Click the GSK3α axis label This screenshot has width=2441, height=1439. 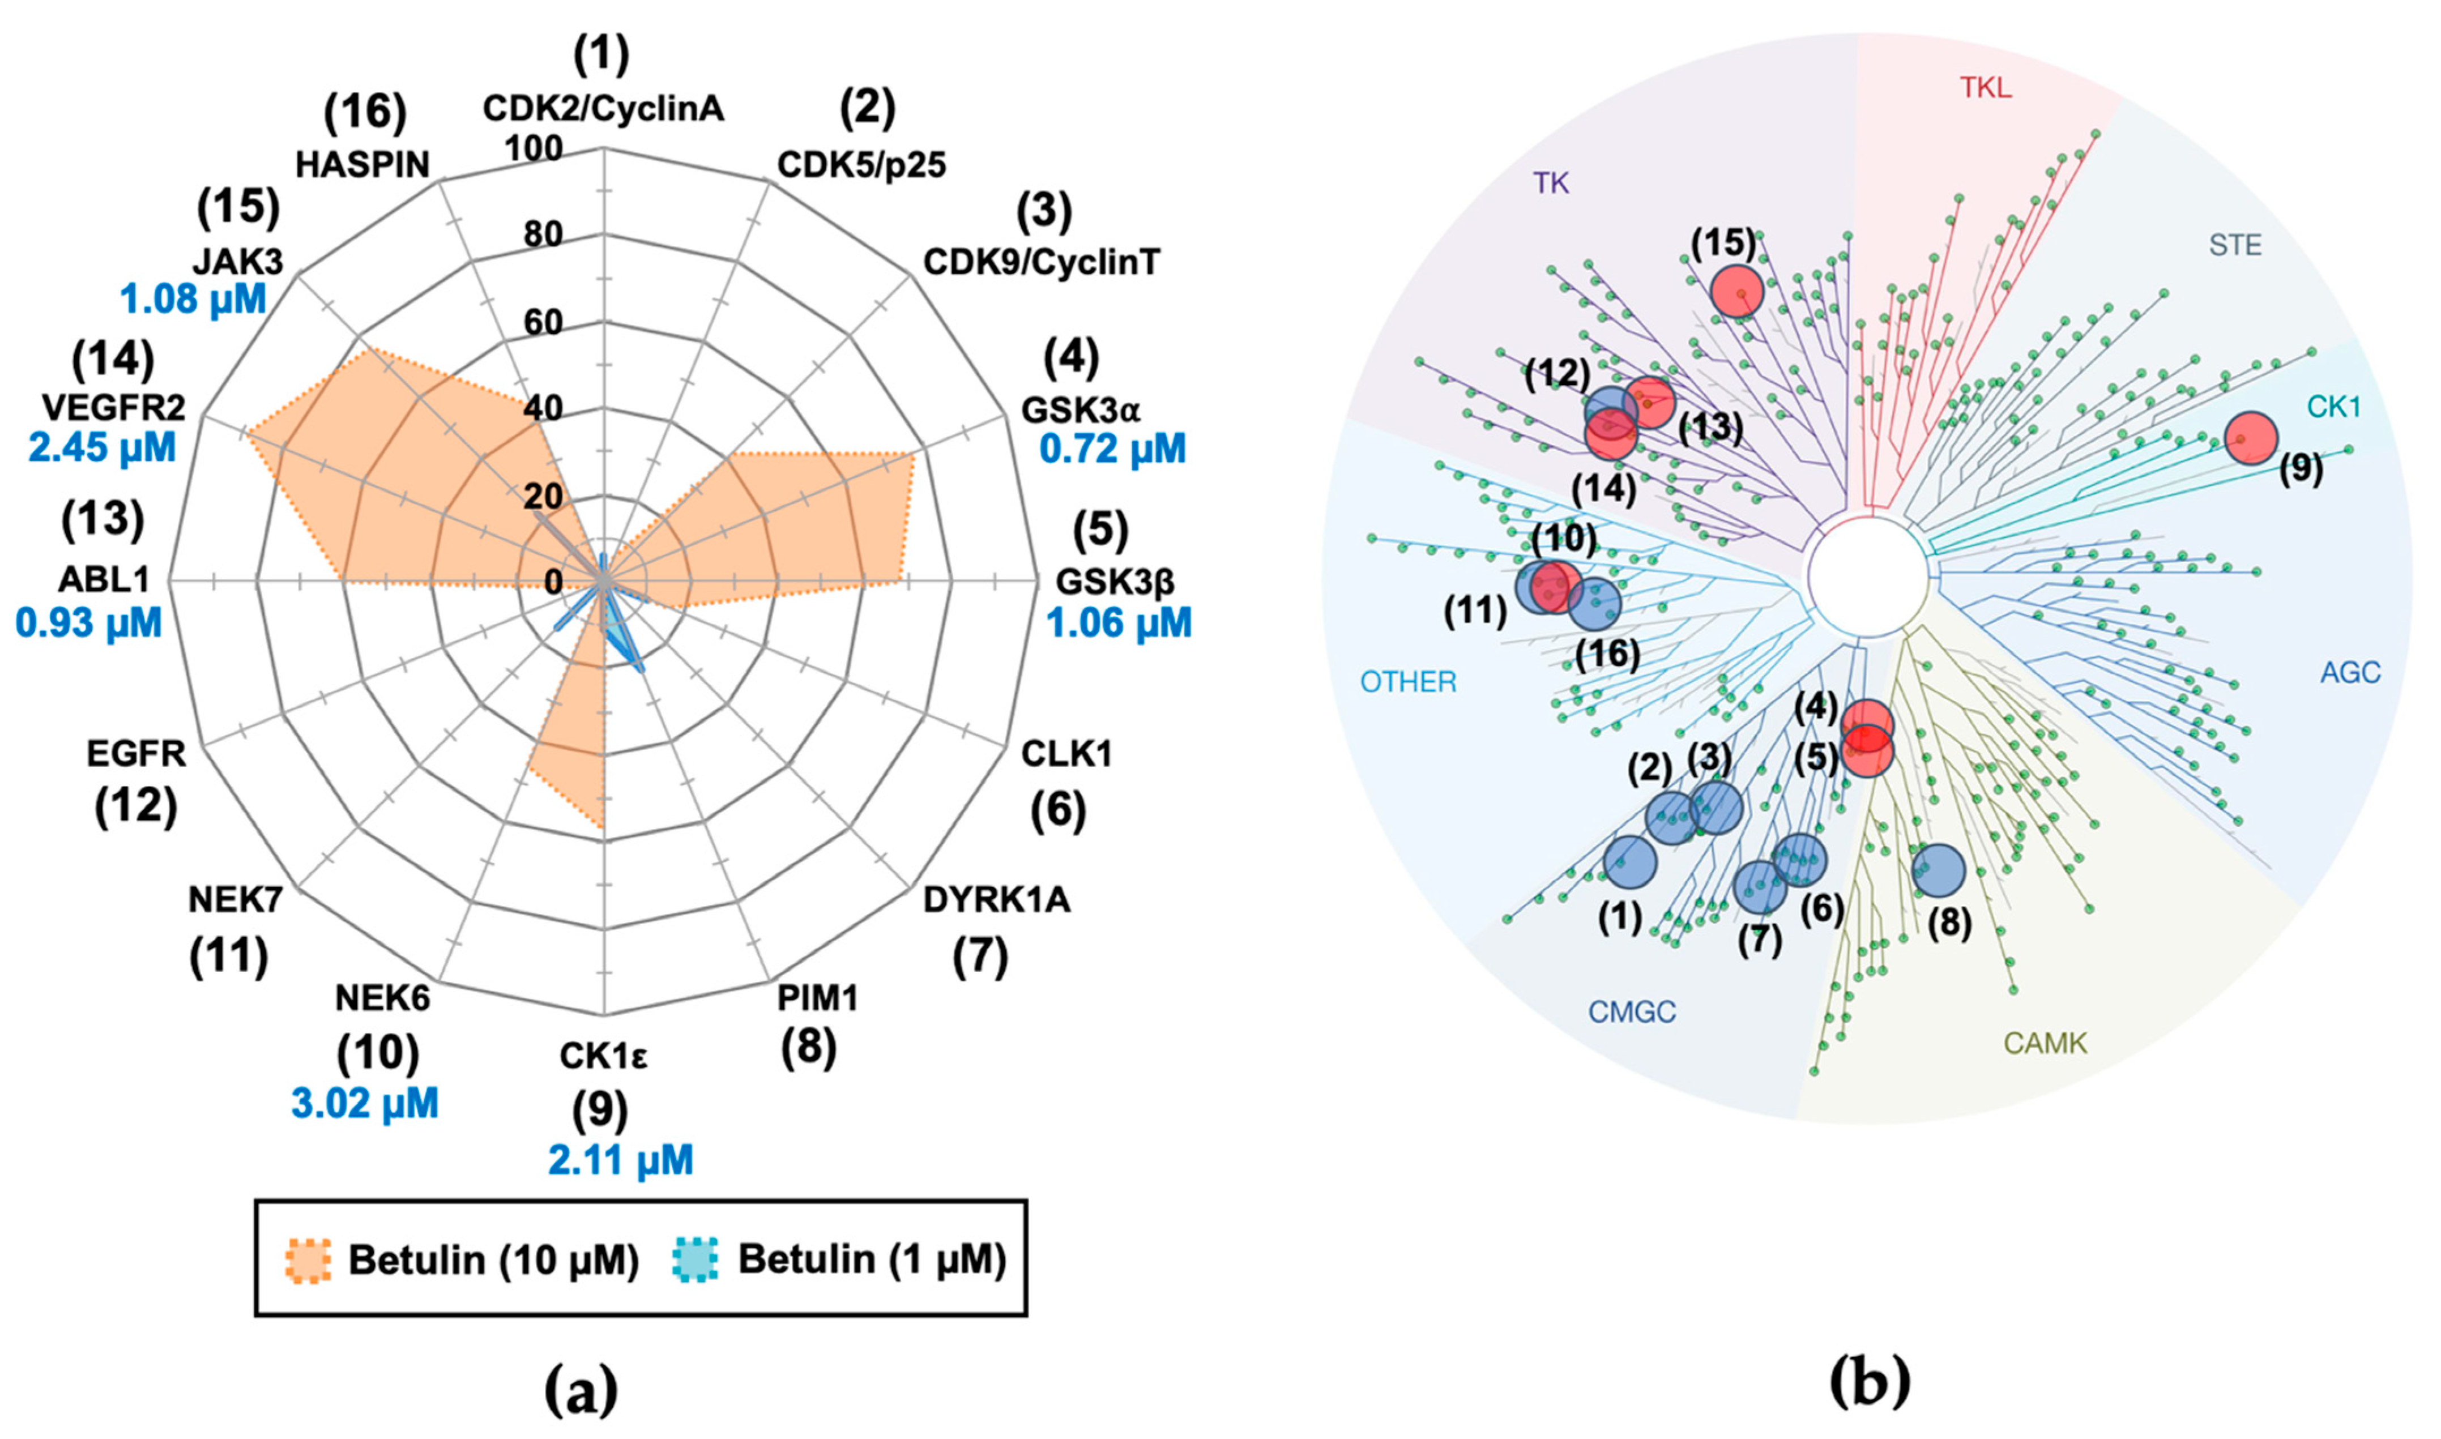point(1081,411)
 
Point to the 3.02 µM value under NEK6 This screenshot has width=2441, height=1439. point(365,1104)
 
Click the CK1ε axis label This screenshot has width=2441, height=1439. point(602,1057)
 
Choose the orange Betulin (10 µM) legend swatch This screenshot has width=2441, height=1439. point(309,1261)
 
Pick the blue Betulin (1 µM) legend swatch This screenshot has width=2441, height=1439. point(694,1261)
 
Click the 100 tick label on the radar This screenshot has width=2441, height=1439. point(534,148)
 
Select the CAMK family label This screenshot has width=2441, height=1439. point(2045,1043)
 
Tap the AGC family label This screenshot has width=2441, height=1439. point(2351,672)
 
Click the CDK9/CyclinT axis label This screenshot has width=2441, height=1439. point(1042,262)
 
